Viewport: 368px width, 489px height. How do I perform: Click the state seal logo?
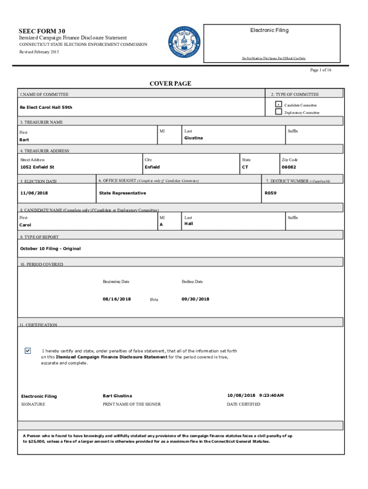[185, 43]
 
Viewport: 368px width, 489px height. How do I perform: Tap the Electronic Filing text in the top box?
[269, 30]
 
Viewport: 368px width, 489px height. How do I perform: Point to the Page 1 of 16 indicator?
[321, 70]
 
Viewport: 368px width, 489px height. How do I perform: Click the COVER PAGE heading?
[170, 84]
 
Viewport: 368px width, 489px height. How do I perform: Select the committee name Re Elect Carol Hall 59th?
[46, 107]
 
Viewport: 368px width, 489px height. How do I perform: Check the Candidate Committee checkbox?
[278, 104]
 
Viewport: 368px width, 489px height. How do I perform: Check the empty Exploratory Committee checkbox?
[278, 112]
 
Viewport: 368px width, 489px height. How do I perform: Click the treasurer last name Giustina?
[194, 138]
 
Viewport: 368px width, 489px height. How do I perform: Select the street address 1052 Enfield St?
[37, 167]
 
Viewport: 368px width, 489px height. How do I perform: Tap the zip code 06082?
[289, 167]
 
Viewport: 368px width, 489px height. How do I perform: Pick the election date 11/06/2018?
[34, 193]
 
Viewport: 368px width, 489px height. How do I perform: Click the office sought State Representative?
[122, 193]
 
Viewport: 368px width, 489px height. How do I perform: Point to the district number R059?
[271, 193]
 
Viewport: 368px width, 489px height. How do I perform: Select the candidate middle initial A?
[161, 224]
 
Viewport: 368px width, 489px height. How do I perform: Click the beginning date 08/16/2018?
[117, 299]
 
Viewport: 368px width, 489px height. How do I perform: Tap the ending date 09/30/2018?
[195, 299]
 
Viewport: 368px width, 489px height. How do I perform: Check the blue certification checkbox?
[28, 351]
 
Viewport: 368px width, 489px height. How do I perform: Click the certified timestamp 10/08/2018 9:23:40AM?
[255, 395]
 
